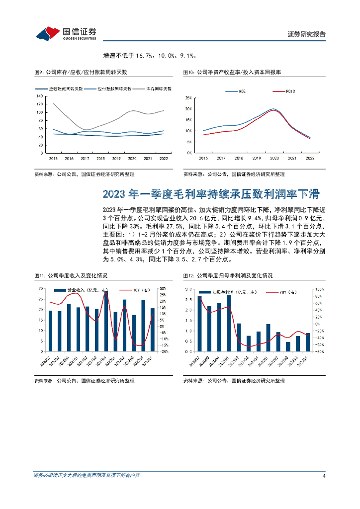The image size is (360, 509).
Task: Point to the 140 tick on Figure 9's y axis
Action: click(x=39, y=95)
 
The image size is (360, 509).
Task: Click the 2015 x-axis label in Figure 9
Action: click(x=53, y=158)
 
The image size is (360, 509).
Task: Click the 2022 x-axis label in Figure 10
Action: click(x=310, y=158)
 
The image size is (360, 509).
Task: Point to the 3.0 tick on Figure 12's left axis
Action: click(x=188, y=289)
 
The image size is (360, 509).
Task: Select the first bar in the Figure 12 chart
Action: click(x=199, y=324)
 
